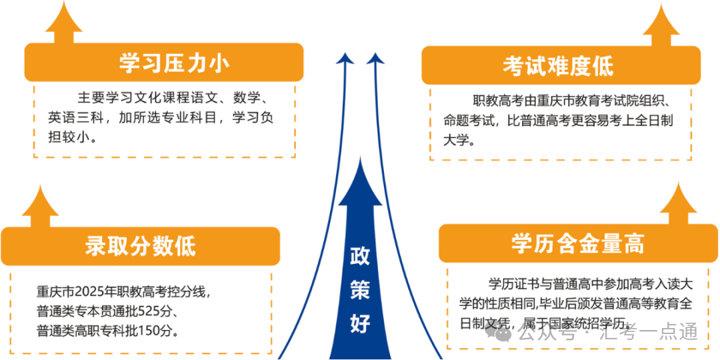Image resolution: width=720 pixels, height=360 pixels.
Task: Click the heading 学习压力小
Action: point(174,63)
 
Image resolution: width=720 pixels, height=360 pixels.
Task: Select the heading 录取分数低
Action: point(141,247)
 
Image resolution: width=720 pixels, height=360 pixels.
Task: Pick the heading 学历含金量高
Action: point(577,243)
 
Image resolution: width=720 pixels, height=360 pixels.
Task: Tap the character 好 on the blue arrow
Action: point(361,324)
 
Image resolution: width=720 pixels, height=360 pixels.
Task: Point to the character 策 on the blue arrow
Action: point(361,291)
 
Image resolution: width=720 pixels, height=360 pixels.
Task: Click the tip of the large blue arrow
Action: point(361,157)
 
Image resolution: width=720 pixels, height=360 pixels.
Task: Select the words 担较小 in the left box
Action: point(65,137)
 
